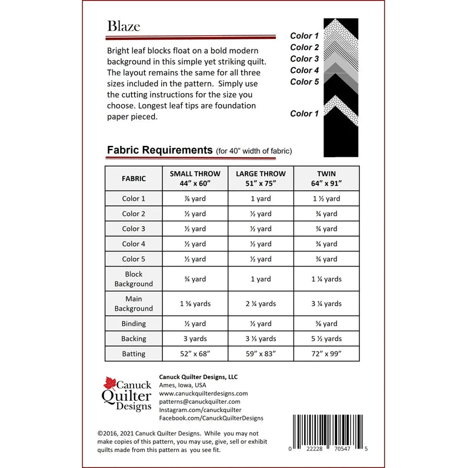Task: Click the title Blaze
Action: [x=124, y=26]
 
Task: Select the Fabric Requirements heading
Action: [x=159, y=150]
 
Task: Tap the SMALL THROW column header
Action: [x=195, y=178]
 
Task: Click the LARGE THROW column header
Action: [x=261, y=178]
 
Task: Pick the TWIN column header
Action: [x=326, y=178]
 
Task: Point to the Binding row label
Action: [x=134, y=324]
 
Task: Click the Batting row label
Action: [x=134, y=354]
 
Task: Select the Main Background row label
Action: [x=134, y=304]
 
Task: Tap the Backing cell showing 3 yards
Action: [x=195, y=338]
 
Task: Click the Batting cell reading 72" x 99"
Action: [x=326, y=354]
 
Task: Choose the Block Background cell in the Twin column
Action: [x=326, y=279]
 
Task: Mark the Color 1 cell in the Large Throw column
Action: [x=261, y=199]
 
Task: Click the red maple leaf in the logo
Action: [x=111, y=383]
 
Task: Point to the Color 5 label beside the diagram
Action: [x=305, y=82]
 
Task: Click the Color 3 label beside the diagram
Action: [x=305, y=59]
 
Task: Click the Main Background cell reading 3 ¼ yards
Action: [x=326, y=304]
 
